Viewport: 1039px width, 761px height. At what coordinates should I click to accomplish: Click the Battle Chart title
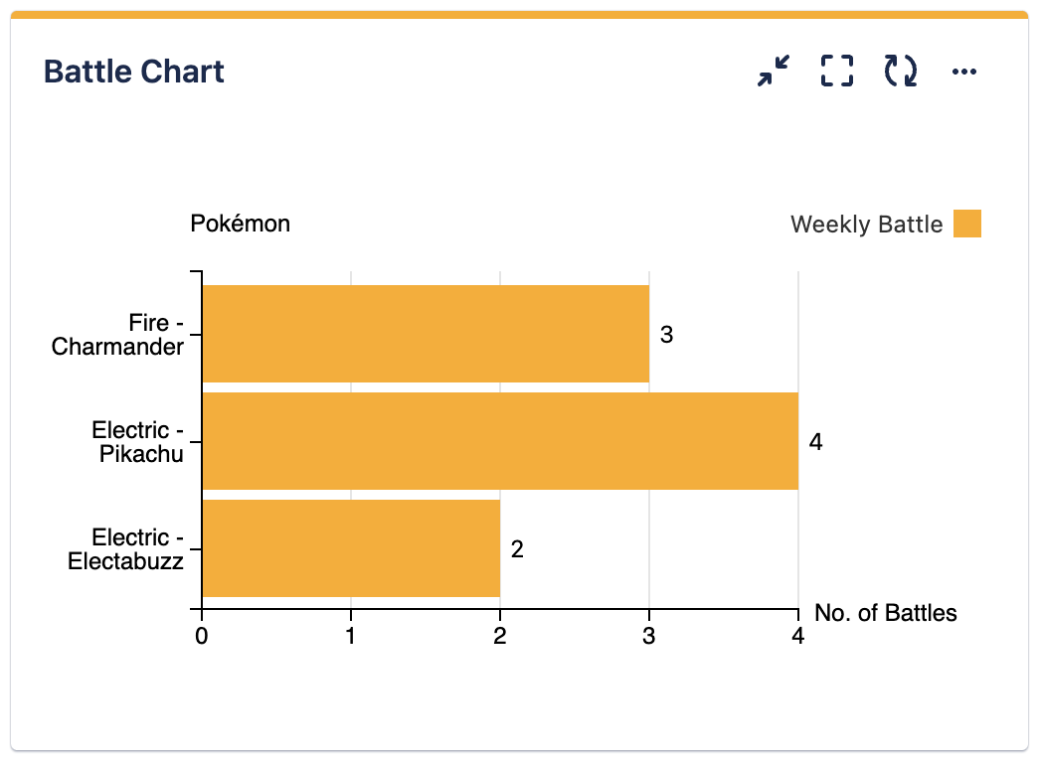click(134, 72)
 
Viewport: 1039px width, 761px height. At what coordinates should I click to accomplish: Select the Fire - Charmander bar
click(426, 334)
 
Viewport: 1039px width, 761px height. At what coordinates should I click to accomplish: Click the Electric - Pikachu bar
click(500, 441)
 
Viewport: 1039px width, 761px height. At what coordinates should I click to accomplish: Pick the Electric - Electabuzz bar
click(351, 548)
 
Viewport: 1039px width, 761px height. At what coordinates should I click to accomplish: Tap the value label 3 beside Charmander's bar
click(667, 336)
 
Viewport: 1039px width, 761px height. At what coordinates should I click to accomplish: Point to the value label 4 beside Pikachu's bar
click(816, 442)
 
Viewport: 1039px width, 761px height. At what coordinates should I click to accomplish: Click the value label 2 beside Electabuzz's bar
click(517, 549)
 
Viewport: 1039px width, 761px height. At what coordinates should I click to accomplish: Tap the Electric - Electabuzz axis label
click(126, 549)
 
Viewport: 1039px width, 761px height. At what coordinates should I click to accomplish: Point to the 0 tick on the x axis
click(202, 635)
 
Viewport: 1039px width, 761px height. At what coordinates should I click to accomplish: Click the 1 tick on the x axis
click(351, 635)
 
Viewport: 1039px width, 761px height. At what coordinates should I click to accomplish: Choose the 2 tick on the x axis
click(500, 635)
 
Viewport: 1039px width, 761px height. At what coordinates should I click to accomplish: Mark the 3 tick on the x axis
click(649, 635)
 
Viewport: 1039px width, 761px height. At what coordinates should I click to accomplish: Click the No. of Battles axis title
click(886, 613)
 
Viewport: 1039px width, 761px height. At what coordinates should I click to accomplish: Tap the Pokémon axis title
click(241, 224)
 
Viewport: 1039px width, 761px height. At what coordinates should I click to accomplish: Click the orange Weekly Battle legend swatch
click(967, 224)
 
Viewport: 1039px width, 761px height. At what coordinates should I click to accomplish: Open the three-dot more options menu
click(964, 72)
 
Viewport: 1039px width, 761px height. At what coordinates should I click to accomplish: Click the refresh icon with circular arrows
click(901, 72)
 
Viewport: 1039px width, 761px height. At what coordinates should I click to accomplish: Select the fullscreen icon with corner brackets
click(837, 72)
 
